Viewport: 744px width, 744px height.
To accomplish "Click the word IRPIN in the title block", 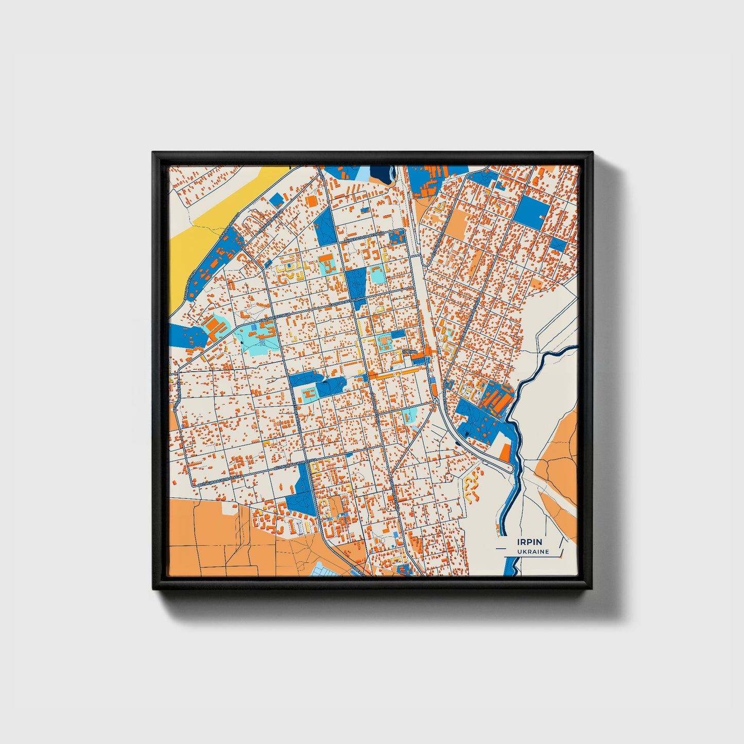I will [x=530, y=542].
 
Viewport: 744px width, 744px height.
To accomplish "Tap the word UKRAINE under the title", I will [x=533, y=551].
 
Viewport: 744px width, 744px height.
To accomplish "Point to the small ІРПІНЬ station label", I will [x=410, y=351].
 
